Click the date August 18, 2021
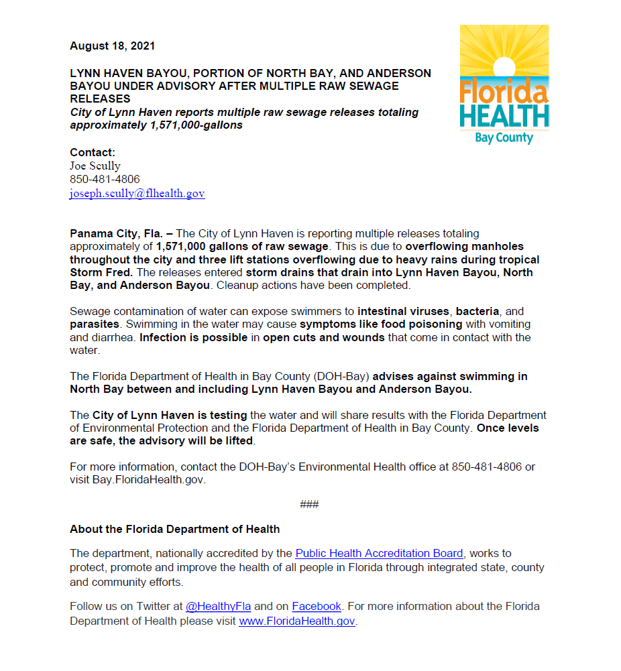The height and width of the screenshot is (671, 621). click(x=113, y=46)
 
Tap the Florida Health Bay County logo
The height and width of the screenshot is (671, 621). click(x=504, y=85)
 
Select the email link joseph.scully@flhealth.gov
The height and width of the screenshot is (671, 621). click(x=137, y=194)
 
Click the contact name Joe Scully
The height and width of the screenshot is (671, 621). click(x=95, y=166)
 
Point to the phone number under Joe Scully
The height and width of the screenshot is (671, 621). click(x=105, y=180)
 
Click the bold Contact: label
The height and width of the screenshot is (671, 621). click(x=93, y=152)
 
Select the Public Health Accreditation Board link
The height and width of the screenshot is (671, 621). click(x=379, y=554)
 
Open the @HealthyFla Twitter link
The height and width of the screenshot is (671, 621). click(x=218, y=607)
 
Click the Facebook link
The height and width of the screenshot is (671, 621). click(x=317, y=607)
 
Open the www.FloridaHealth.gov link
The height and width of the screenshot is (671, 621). click(x=296, y=621)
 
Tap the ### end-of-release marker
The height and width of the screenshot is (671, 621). click(x=309, y=504)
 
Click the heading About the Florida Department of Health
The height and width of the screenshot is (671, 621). click(x=174, y=529)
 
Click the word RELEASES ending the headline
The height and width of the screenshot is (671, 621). click(x=101, y=99)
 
